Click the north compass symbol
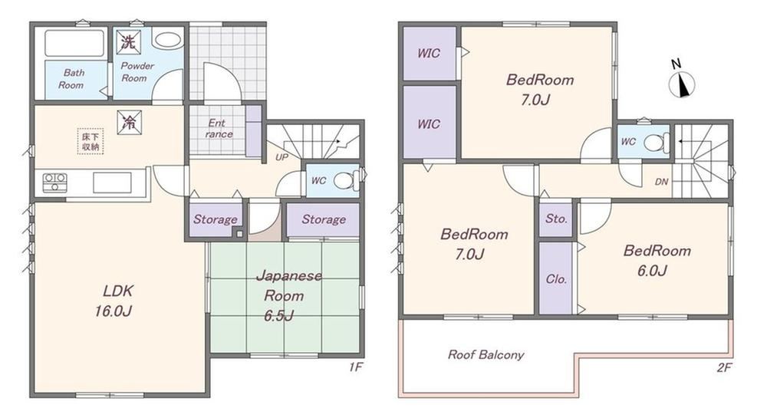682,81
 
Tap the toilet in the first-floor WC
346,180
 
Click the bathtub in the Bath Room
75,43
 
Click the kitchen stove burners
54,183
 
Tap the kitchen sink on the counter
112,183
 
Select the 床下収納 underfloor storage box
91,141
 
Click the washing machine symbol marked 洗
129,41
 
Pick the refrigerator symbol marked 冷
130,122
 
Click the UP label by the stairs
281,157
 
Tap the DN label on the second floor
661,182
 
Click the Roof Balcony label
486,354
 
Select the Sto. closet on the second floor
556,219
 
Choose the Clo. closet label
556,279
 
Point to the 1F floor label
356,367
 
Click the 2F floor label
724,367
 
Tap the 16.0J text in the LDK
114,311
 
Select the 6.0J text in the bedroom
652,270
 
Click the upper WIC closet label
429,53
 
